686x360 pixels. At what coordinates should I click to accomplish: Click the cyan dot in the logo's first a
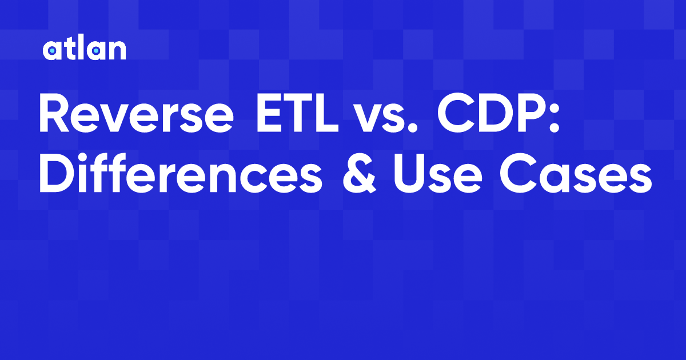click(51, 52)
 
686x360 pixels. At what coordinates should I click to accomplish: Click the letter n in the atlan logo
click(117, 51)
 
